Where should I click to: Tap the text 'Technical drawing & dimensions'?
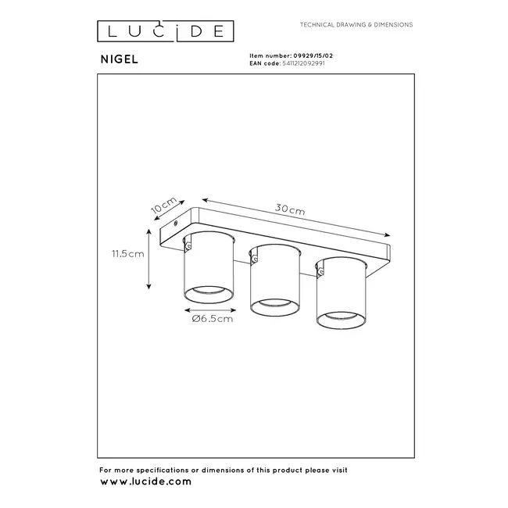[356, 25]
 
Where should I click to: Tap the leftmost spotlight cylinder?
[206, 270]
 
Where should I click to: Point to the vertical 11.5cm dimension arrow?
[149, 259]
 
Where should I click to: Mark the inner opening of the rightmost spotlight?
[338, 319]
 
